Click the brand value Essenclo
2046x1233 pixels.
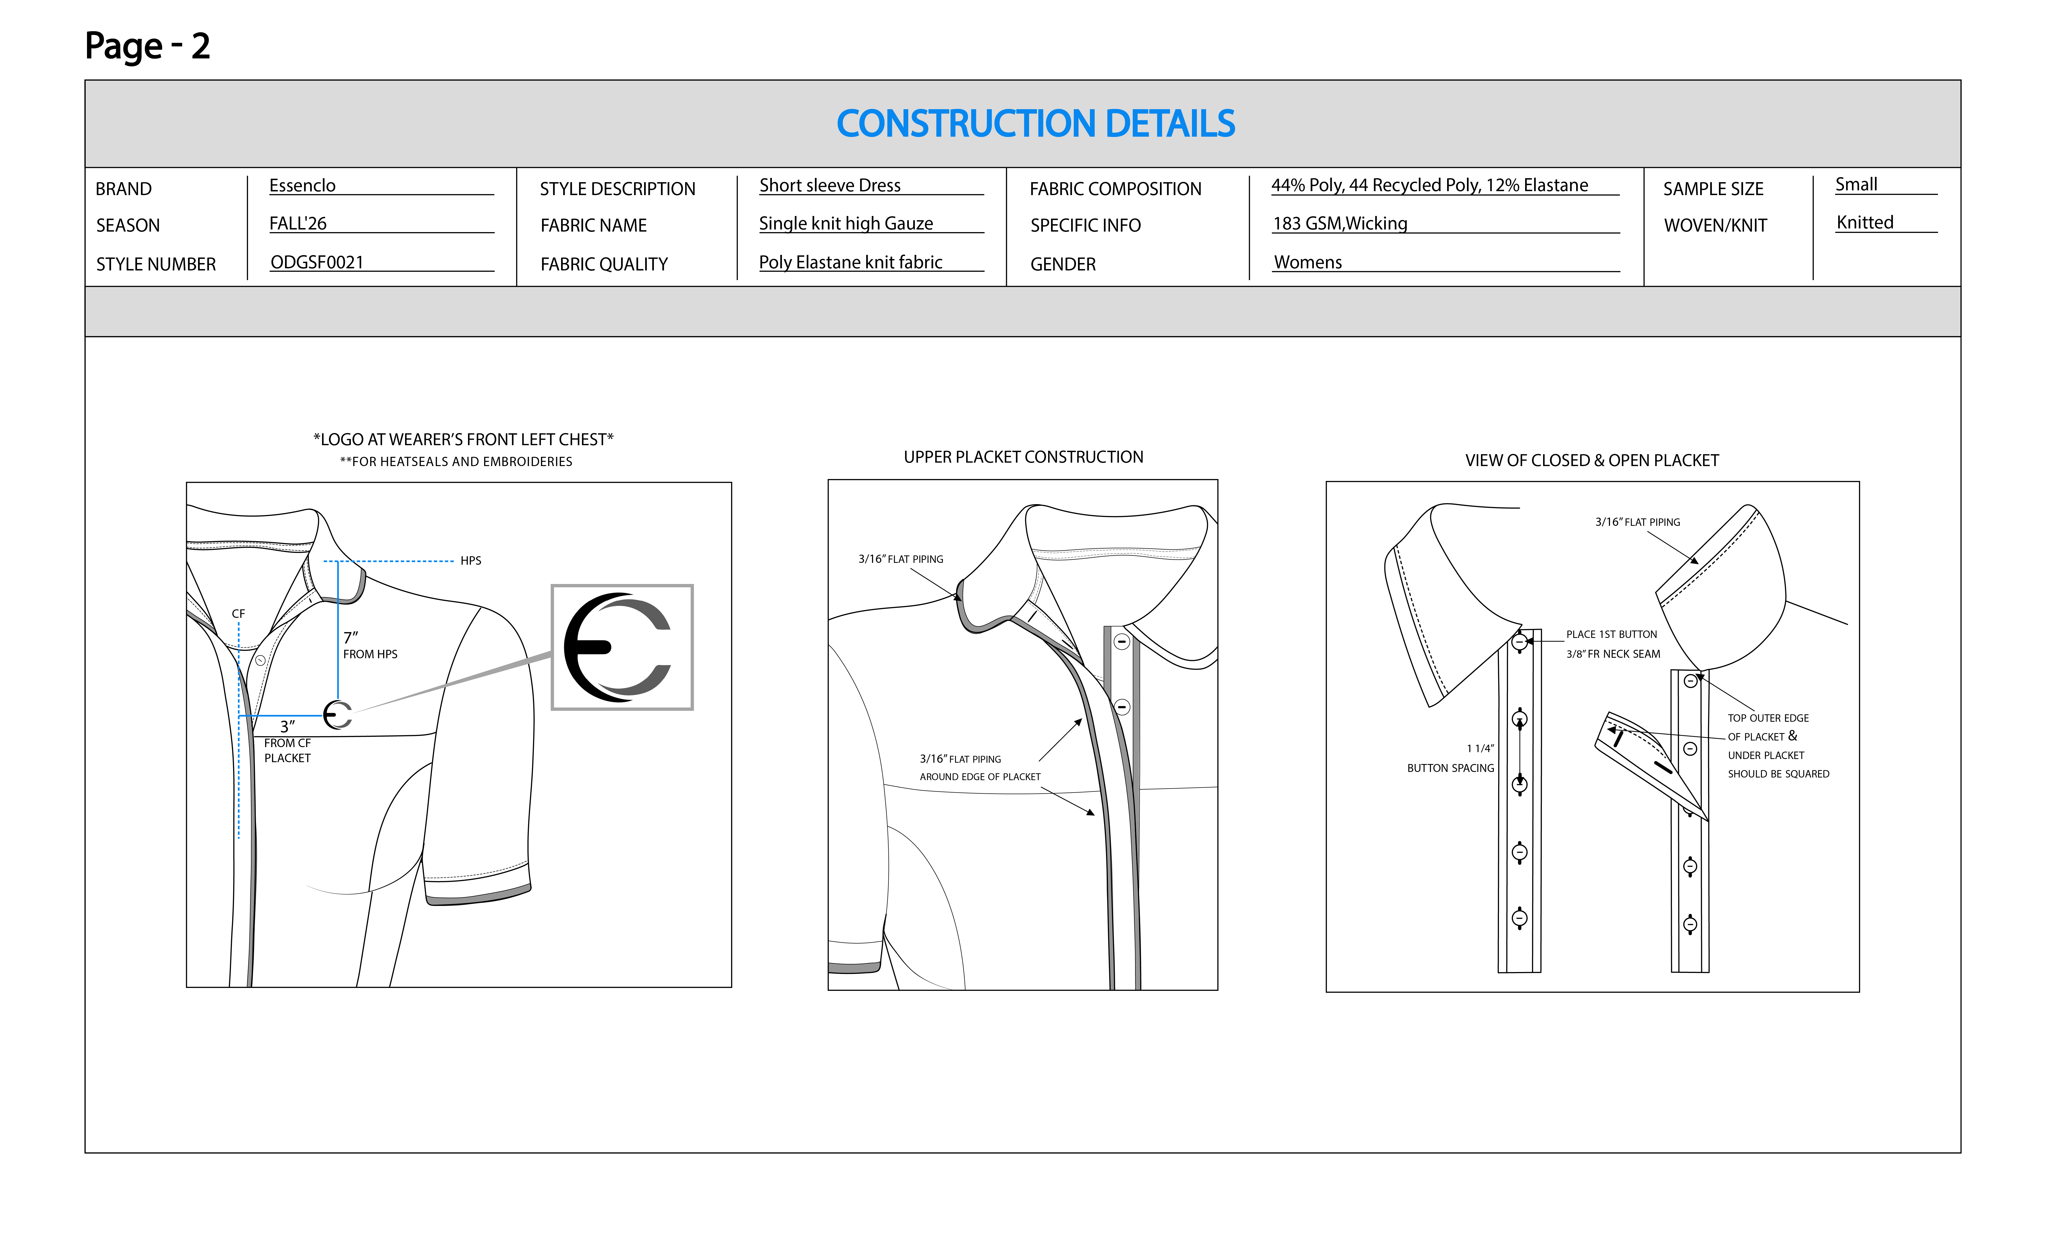pos(302,185)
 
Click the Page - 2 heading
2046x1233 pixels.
pos(148,46)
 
